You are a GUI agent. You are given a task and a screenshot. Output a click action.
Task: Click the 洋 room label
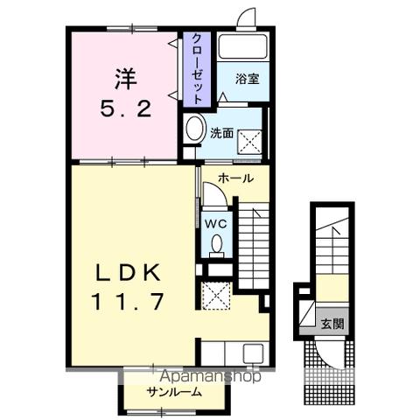tap(124, 78)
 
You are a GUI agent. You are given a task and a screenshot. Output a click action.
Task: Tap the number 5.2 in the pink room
tap(124, 110)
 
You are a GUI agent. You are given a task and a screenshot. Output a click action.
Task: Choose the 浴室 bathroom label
tap(248, 79)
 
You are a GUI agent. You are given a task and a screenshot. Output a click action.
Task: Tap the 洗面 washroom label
tap(221, 133)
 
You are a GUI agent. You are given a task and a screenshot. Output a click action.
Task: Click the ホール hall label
tap(235, 178)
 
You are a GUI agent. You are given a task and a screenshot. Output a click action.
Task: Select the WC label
tap(215, 222)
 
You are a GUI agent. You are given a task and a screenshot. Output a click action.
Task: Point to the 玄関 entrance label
tap(332, 323)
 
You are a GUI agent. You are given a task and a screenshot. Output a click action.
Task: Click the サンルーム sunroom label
tap(175, 392)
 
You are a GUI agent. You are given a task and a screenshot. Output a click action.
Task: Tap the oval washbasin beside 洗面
tap(194, 128)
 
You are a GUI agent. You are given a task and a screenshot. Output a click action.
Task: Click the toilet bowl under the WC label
tap(216, 247)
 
